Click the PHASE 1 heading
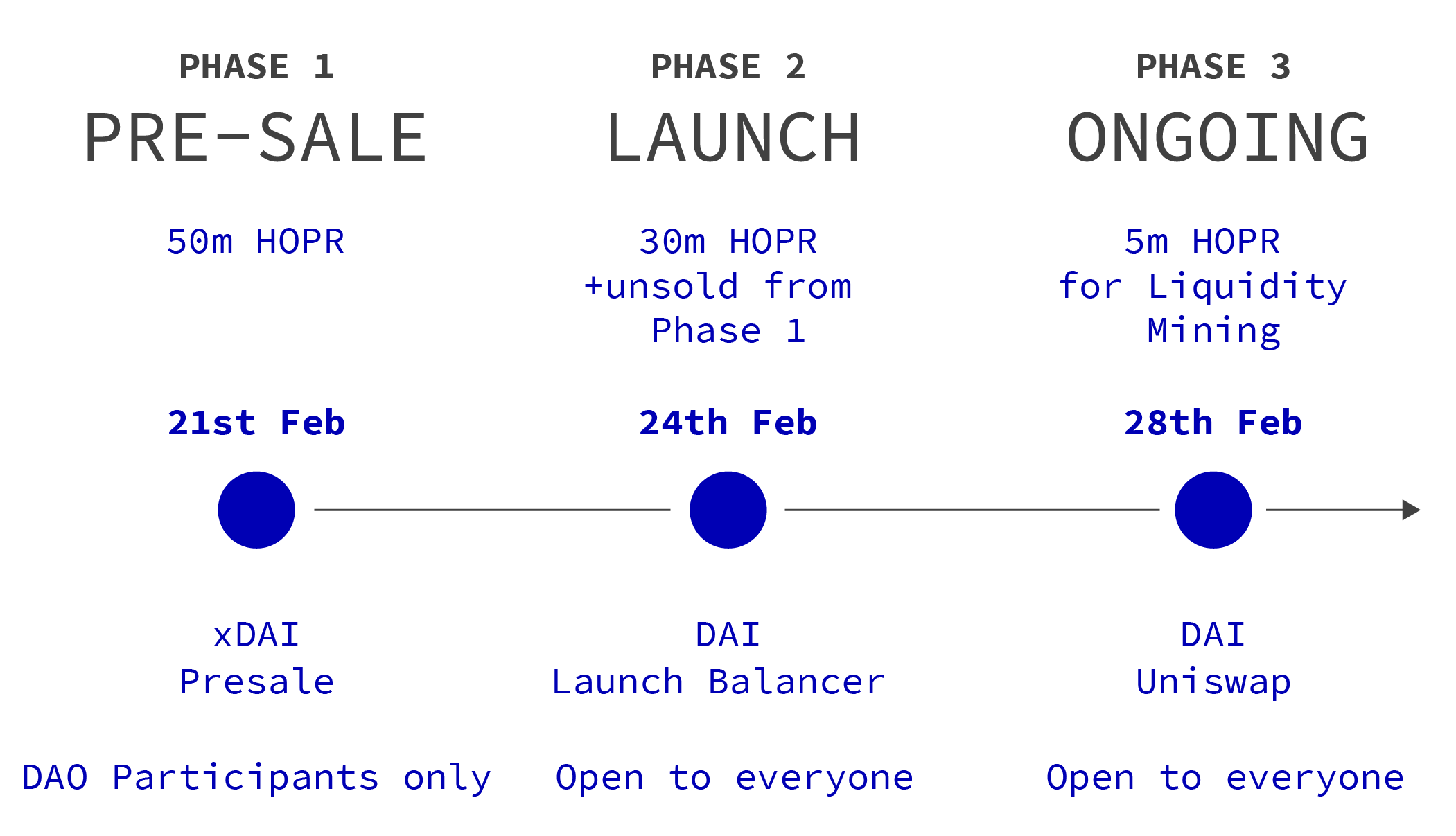pyautogui.click(x=256, y=67)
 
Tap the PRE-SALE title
pyautogui.click(x=256, y=138)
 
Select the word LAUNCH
pyautogui.click(x=733, y=138)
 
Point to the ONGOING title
pyautogui.click(x=1218, y=137)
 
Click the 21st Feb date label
pyautogui.click(x=256, y=423)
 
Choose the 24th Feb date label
pyautogui.click(x=728, y=423)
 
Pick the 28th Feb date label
pyautogui.click(x=1213, y=423)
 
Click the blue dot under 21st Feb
pyautogui.click(x=256, y=510)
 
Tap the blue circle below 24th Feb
pyautogui.click(x=728, y=510)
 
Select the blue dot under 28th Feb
pyautogui.click(x=1213, y=510)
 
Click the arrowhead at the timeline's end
pyautogui.click(x=1411, y=510)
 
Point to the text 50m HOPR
pyautogui.click(x=256, y=242)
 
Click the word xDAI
pyautogui.click(x=256, y=635)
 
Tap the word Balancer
pyautogui.click(x=796, y=682)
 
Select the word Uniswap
pyautogui.click(x=1213, y=682)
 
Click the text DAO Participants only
pyautogui.click(x=256, y=778)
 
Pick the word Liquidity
pyautogui.click(x=1247, y=286)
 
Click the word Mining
pyautogui.click(x=1213, y=331)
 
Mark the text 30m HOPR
pyautogui.click(x=728, y=242)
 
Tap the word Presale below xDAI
pyautogui.click(x=256, y=682)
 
